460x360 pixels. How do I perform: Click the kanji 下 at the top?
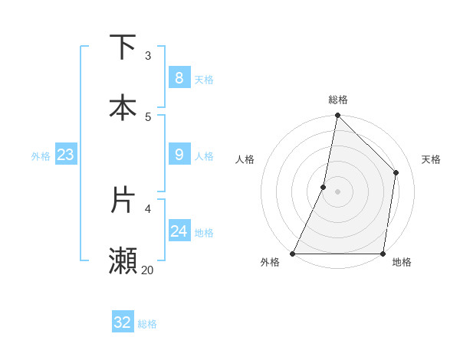tap(123, 47)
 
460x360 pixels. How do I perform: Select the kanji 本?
tap(123, 107)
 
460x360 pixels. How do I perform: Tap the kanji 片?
tap(123, 199)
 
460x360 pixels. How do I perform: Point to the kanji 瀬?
tap(123, 260)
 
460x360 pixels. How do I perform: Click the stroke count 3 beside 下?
tap(148, 55)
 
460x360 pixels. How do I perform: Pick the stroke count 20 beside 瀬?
tap(147, 270)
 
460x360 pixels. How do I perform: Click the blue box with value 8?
tap(179, 77)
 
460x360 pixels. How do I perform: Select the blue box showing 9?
tap(179, 155)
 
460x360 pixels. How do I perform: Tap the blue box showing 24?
tap(179, 231)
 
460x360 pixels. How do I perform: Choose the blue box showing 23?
tap(65, 155)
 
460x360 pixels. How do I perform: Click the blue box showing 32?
tap(123, 322)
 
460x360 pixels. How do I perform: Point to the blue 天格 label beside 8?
tap(204, 79)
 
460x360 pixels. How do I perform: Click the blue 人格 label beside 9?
tap(204, 156)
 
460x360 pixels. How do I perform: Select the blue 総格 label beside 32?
tap(148, 324)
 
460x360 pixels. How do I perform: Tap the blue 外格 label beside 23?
tap(41, 156)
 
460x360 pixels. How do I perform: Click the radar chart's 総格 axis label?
tap(338, 100)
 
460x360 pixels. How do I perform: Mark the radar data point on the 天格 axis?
tap(396, 172)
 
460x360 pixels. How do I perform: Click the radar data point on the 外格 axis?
tap(293, 254)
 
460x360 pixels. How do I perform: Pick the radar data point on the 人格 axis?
tap(324, 187)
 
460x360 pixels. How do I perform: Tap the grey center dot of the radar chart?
tap(338, 191)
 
